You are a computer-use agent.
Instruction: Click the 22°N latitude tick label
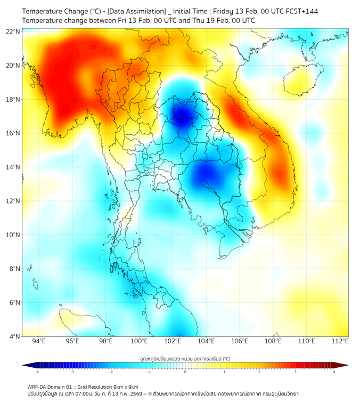(13, 31)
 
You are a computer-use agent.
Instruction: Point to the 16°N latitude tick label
(13, 133)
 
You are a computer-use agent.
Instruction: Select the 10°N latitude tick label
(13, 235)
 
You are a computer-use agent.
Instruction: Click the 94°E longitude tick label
(39, 341)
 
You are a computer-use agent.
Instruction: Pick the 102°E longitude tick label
(173, 341)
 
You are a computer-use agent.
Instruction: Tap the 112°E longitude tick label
(340, 341)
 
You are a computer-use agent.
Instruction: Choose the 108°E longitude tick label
(273, 341)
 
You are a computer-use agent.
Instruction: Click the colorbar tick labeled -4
(37, 372)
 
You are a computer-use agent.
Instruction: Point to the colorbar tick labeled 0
(185, 372)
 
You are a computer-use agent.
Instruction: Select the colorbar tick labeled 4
(334, 372)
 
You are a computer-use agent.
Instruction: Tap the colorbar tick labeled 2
(259, 372)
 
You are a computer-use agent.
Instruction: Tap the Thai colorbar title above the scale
(185, 358)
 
